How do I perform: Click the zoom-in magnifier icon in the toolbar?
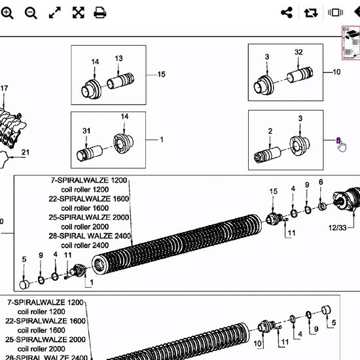pyautogui.click(x=7, y=12)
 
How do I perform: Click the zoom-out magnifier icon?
pyautogui.click(x=31, y=12)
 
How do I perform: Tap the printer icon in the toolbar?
pyautogui.click(x=100, y=12)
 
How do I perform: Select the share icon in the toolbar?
pyautogui.click(x=286, y=12)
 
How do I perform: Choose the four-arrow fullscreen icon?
pyautogui.click(x=78, y=12)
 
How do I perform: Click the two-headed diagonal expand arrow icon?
pyautogui.click(x=55, y=12)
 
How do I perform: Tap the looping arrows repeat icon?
pyautogui.click(x=310, y=12)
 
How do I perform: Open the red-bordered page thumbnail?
pyautogui.click(x=350, y=44)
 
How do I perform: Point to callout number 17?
pyautogui.click(x=5, y=88)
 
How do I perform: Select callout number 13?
pyautogui.click(x=118, y=59)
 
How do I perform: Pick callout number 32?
pyautogui.click(x=298, y=52)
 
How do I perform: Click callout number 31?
pyautogui.click(x=86, y=131)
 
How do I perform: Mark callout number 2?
pyautogui.click(x=270, y=132)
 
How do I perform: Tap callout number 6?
pyautogui.click(x=321, y=182)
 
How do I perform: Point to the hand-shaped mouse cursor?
pyautogui.click(x=340, y=145)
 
